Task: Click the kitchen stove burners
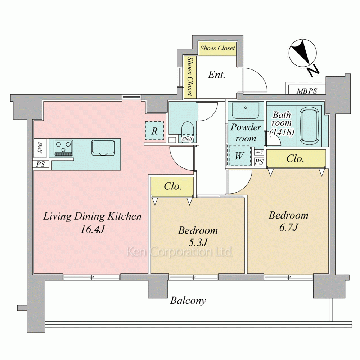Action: point(63,148)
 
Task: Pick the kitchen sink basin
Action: point(103,148)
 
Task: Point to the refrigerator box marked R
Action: point(154,131)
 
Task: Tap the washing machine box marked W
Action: point(239,156)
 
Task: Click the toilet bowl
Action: point(188,130)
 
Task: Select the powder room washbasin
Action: point(246,111)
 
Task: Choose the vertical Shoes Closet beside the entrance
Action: point(190,77)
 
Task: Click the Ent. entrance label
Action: point(216,75)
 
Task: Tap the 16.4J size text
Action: point(92,229)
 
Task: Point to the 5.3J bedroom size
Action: point(198,242)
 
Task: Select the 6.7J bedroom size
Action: point(288,227)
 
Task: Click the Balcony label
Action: point(188,301)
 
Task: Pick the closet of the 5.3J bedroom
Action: point(172,187)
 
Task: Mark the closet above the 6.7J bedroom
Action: point(296,159)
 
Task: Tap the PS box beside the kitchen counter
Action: point(40,164)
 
